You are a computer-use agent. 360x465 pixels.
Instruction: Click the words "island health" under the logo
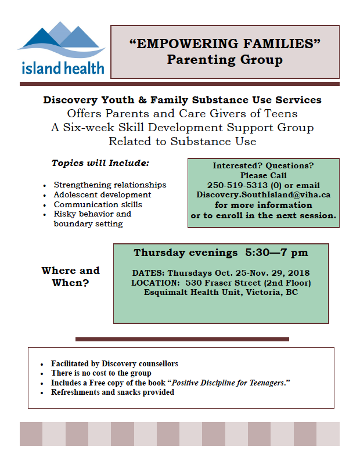click(63, 68)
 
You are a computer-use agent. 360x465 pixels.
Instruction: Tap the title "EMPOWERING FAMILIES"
click(225, 44)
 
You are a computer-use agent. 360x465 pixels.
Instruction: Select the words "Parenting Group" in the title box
click(225, 59)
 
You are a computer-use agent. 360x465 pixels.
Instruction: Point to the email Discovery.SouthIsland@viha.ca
click(263, 195)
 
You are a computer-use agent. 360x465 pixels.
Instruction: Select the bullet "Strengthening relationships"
click(110, 185)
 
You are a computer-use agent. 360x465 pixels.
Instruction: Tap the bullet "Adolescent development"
click(102, 194)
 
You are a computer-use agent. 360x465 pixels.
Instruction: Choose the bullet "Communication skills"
click(98, 204)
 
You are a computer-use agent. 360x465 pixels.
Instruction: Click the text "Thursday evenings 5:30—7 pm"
click(221, 253)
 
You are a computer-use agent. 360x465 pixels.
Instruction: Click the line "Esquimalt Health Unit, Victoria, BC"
click(221, 292)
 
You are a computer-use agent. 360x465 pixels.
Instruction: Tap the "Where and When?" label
click(70, 276)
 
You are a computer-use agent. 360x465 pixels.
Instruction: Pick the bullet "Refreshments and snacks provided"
click(112, 392)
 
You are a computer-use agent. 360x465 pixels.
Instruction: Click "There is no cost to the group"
click(101, 373)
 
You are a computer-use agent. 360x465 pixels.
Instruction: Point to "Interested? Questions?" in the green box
click(263, 165)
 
